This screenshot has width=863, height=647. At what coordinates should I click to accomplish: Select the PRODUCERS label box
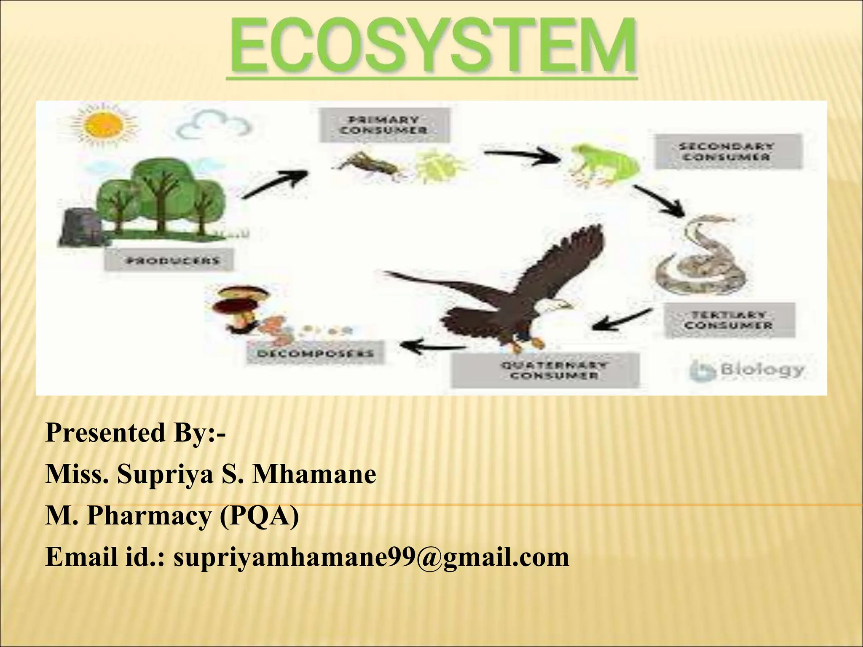[x=169, y=260]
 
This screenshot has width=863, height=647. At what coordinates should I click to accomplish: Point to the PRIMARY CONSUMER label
[x=384, y=125]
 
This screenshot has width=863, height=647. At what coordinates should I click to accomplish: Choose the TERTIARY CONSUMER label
[x=729, y=320]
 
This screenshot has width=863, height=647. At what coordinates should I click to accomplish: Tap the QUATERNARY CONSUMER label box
[x=545, y=370]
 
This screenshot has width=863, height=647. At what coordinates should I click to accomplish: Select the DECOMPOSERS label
[x=315, y=353]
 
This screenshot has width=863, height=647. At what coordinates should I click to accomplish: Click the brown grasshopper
[x=371, y=165]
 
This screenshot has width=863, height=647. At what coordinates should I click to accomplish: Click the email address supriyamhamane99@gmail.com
[x=371, y=557]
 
